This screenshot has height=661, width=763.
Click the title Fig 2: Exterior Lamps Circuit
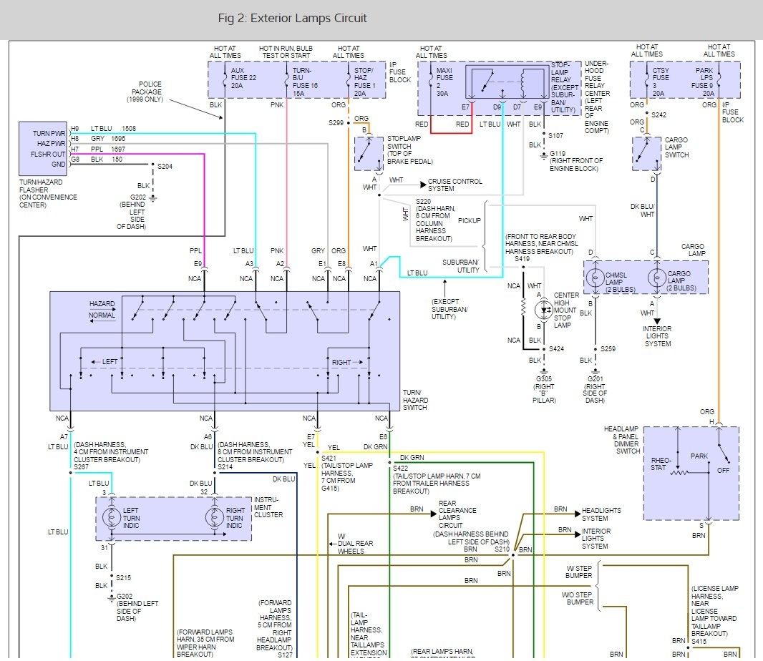pos(292,19)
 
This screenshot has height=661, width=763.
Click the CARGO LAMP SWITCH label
pos(676,147)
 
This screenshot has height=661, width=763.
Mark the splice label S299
pos(336,122)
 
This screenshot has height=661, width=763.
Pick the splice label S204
pos(165,166)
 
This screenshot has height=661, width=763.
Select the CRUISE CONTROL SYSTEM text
pos(455,185)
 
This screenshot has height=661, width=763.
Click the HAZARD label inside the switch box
pos(102,304)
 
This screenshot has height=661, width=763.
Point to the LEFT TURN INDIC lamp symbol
pos(112,519)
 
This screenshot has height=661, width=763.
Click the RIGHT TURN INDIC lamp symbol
pos(214,519)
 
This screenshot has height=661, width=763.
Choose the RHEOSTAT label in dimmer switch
pos(660,464)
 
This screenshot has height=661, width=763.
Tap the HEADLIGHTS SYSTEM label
pos(601,514)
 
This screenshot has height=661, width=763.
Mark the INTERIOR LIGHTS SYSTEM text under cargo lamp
pos(658,336)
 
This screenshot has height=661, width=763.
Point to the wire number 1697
pos(119,149)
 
